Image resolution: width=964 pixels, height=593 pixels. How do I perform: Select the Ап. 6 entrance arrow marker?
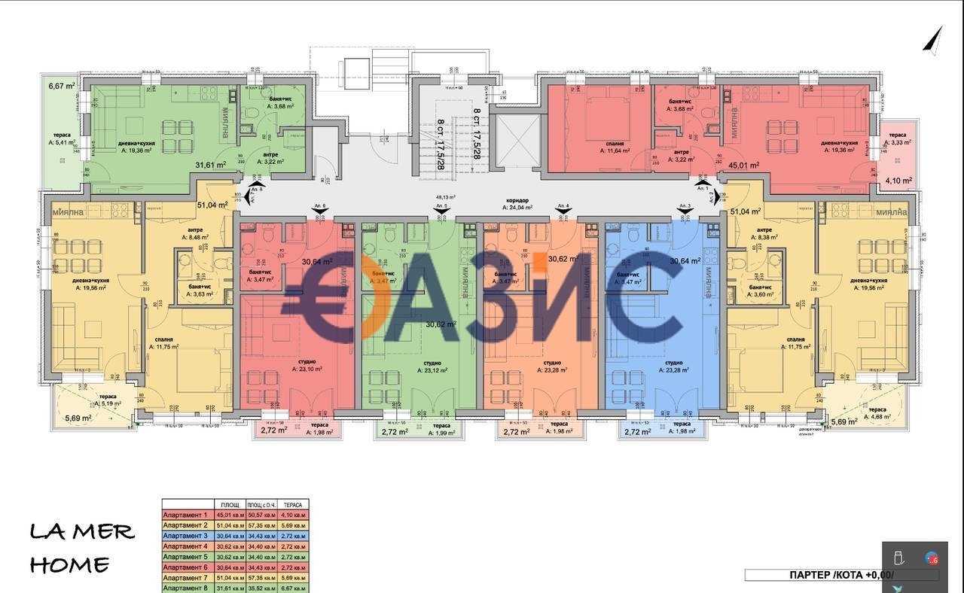319,213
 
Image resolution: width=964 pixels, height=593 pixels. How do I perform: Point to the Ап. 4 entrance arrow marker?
561,213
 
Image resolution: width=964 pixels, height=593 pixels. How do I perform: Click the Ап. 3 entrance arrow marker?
685,213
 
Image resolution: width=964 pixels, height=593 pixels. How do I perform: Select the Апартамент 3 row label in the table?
185,536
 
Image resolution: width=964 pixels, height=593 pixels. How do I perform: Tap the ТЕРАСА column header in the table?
294,505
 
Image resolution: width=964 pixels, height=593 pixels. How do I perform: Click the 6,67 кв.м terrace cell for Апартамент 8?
294,588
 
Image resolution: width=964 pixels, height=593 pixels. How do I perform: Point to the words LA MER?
82,532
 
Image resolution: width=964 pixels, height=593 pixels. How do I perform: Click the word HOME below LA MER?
70,564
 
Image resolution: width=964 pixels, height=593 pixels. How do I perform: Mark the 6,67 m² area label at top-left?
61,87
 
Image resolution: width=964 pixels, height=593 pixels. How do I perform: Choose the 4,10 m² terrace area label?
898,181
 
